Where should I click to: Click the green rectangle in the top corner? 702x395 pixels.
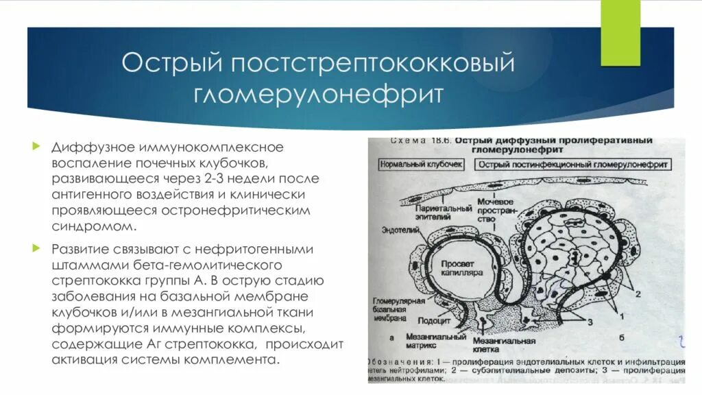click(620, 34)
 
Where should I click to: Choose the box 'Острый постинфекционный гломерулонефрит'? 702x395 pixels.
click(573, 165)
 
